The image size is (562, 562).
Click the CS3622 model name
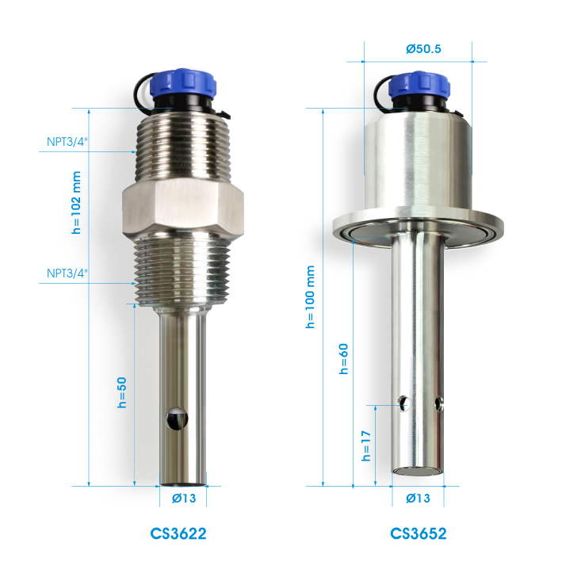(178, 533)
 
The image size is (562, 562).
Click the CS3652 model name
(419, 533)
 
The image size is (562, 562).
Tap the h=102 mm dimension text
(76, 202)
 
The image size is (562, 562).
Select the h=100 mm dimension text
(310, 296)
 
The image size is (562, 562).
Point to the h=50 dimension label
(122, 392)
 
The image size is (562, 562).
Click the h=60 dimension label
(343, 359)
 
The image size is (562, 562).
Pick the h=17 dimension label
(365, 445)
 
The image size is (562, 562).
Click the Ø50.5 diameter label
(423, 48)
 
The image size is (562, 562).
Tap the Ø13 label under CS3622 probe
(184, 499)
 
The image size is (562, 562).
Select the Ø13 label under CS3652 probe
(418, 499)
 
